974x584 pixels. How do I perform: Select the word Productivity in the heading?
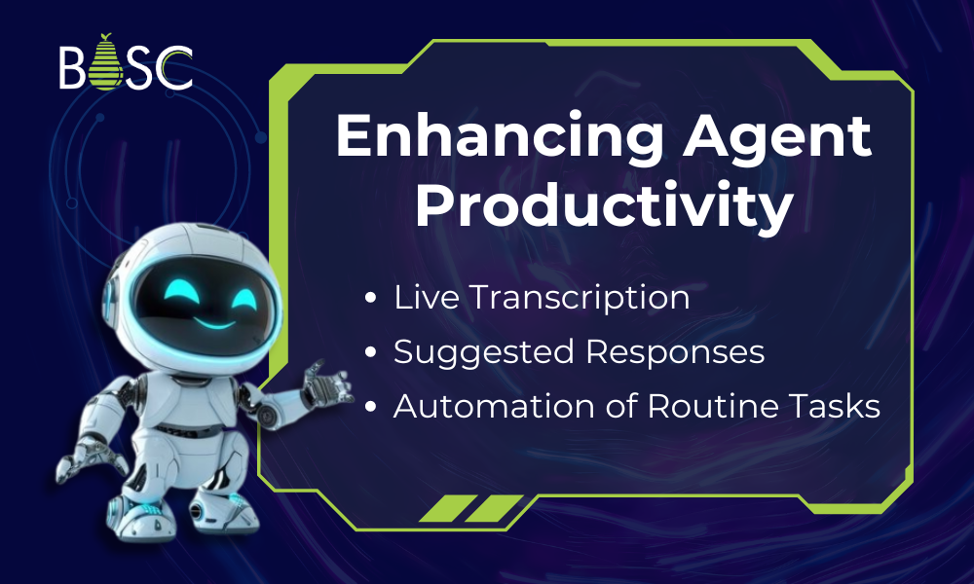[604, 206]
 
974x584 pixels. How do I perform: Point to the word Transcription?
[578, 298]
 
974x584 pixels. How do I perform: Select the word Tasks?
[837, 406]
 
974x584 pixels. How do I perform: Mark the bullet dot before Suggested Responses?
[371, 353]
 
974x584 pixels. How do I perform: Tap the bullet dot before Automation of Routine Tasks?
[371, 407]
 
